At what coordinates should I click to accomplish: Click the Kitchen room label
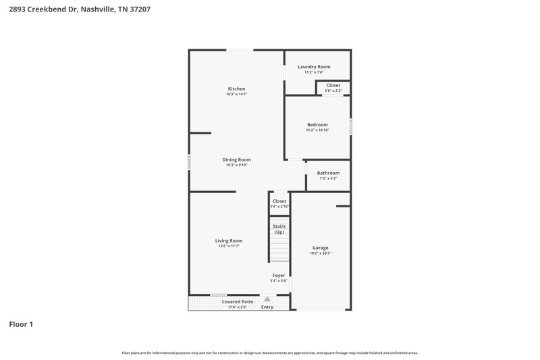(236, 88)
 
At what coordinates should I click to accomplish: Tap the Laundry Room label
(314, 67)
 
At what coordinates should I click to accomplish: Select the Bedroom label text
(317, 124)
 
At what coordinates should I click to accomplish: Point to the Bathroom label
(328, 173)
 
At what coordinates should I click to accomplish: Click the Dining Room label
(236, 159)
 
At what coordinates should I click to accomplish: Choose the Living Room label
(229, 240)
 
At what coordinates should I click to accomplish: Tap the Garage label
(320, 247)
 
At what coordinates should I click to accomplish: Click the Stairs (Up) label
(279, 229)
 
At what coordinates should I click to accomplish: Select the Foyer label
(279, 276)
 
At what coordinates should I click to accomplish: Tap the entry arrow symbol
(267, 299)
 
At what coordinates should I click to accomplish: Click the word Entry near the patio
(267, 307)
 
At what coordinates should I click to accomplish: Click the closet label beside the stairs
(279, 201)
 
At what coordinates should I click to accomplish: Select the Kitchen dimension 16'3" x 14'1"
(236, 95)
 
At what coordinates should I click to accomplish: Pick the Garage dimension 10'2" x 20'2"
(320, 253)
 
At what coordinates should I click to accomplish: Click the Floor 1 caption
(21, 324)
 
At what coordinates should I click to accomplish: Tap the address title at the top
(74, 9)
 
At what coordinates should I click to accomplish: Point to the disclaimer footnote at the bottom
(270, 353)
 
